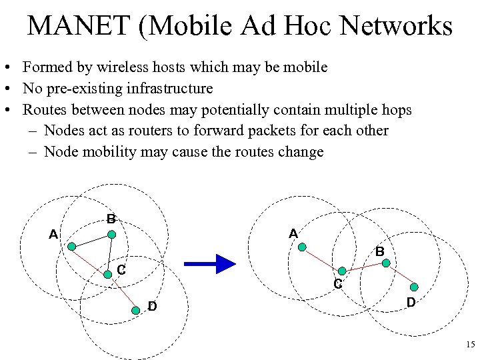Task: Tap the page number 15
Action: pyautogui.click(x=469, y=345)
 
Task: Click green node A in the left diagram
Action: pyautogui.click(x=71, y=245)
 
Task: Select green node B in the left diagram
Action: pyautogui.click(x=112, y=235)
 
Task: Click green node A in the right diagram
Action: pyautogui.click(x=301, y=247)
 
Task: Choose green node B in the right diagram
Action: pyautogui.click(x=385, y=263)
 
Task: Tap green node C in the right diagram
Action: pyautogui.click(x=342, y=271)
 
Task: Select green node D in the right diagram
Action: pyautogui.click(x=413, y=287)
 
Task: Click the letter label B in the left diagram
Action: pyautogui.click(x=111, y=219)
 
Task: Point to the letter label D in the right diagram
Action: pyautogui.click(x=411, y=303)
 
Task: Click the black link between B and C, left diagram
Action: pyautogui.click(x=110, y=253)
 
